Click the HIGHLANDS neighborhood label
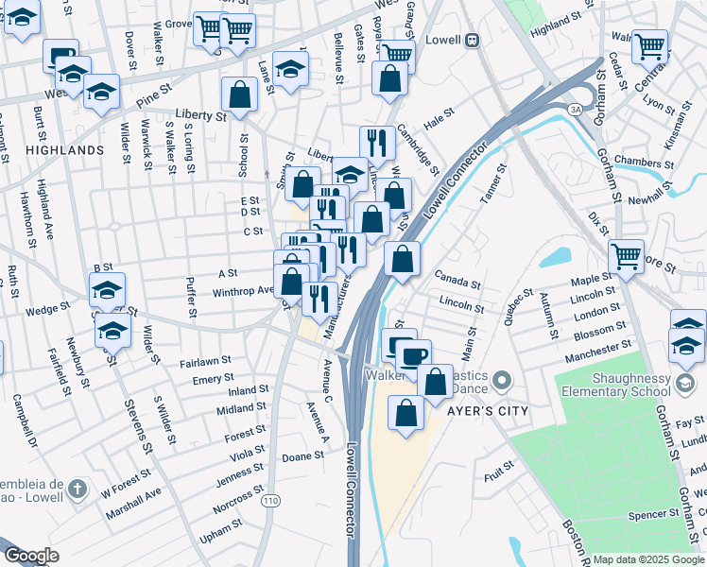tap(65, 150)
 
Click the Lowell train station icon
tap(471, 41)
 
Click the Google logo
tap(31, 556)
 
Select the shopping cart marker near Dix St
tap(626, 254)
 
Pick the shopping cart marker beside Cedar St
tap(649, 44)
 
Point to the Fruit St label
tap(500, 466)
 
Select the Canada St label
tap(457, 279)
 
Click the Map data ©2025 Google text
tap(648, 559)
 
